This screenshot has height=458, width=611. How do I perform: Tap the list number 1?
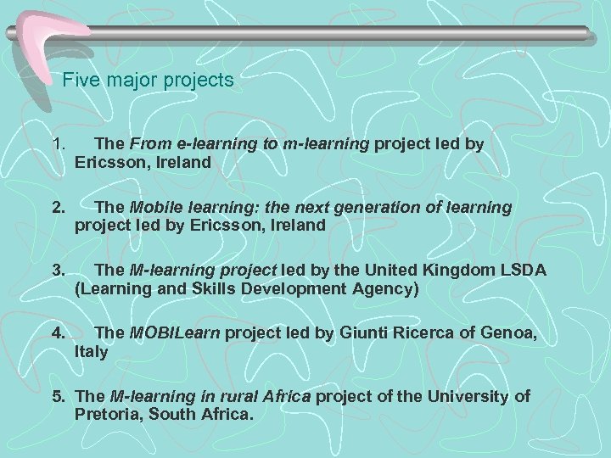coord(57,144)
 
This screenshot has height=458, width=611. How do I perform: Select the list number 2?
coord(57,208)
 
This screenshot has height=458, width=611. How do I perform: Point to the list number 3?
coord(57,271)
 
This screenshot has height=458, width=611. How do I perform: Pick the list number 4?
coord(57,333)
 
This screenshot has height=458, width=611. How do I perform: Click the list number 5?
coord(59,396)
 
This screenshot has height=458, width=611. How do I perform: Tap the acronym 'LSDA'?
coord(526,271)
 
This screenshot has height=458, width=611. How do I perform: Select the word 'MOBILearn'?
coord(174,333)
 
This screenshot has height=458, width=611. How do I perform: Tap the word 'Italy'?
coord(92,352)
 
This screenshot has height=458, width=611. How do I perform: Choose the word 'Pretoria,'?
coord(108,415)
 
